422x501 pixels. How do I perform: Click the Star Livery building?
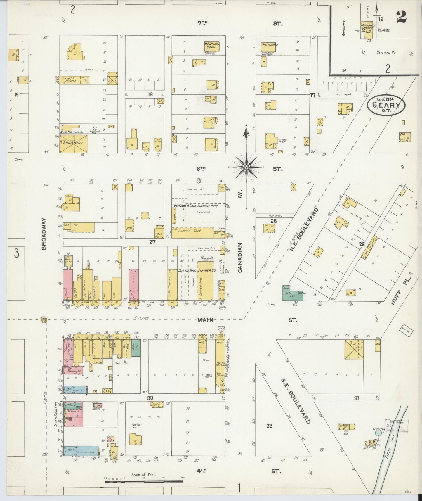pyautogui.click(x=72, y=144)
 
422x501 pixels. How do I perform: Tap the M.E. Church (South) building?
pyautogui.click(x=211, y=46)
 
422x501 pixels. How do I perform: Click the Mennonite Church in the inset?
pyautogui.click(x=367, y=29)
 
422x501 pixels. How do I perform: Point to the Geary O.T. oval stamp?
pyautogui.click(x=385, y=105)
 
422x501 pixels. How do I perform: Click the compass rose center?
pyautogui.click(x=246, y=167)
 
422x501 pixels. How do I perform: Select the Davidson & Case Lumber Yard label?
pyautogui.click(x=196, y=206)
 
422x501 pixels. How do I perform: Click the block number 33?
pyautogui.click(x=150, y=398)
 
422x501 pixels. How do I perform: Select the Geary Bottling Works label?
pyautogui.click(x=72, y=132)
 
